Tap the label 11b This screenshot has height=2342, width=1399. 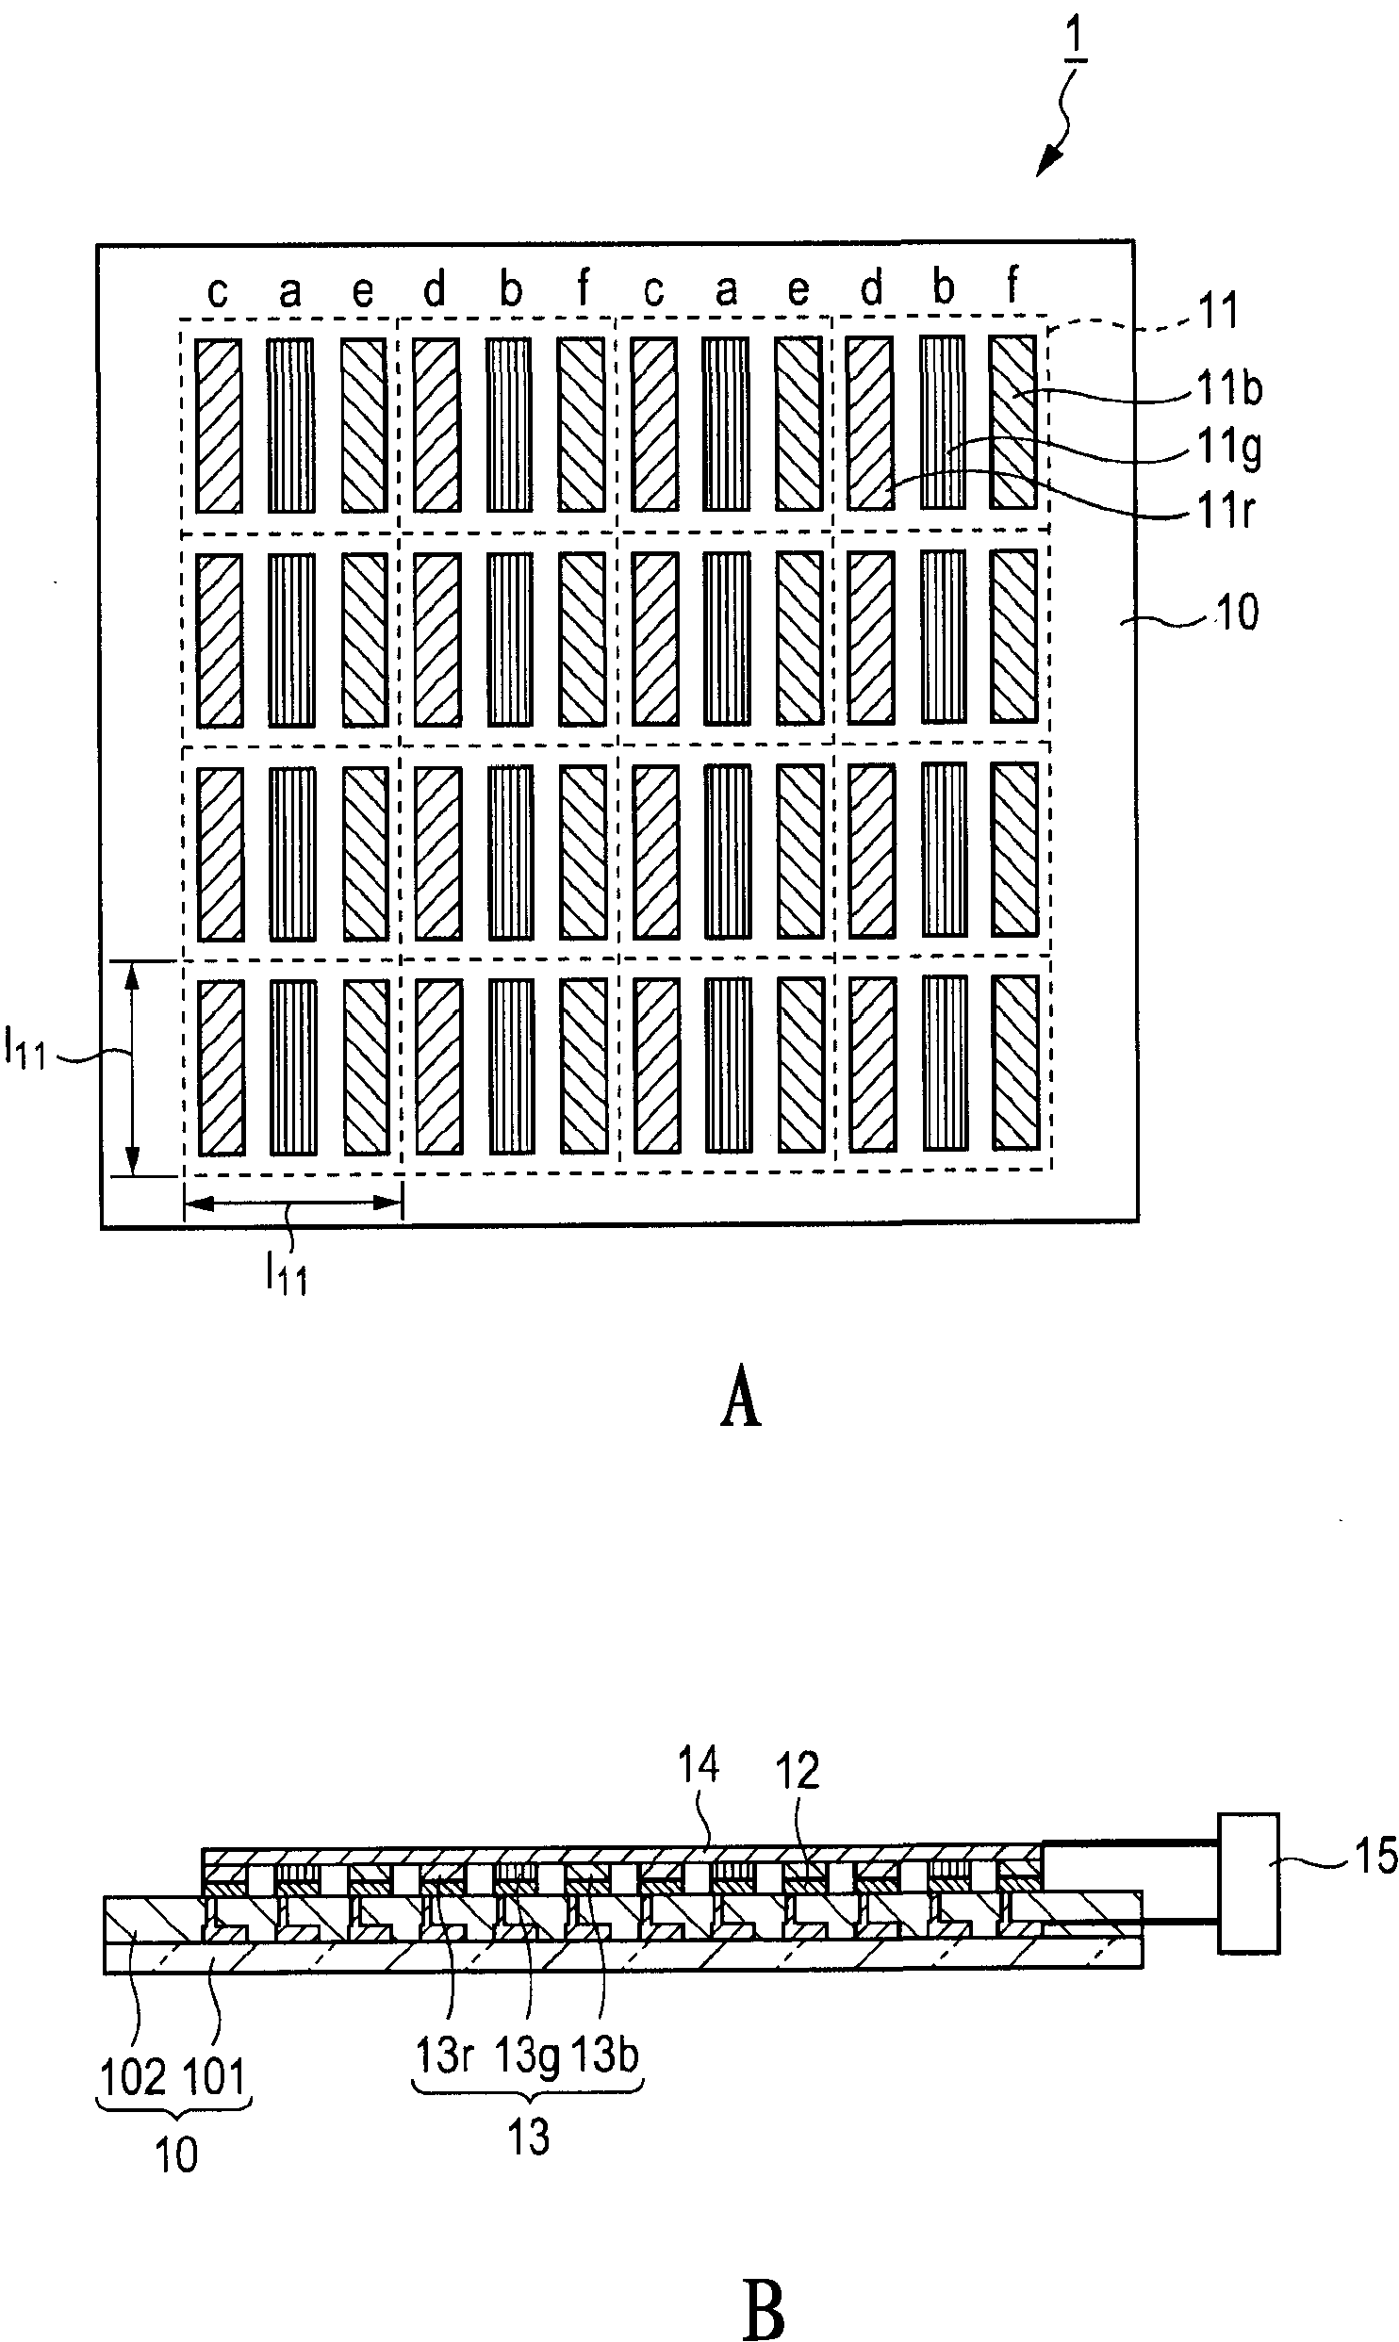coord(1229,388)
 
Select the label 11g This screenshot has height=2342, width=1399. coord(1229,451)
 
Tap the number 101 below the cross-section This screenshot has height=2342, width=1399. coord(213,2076)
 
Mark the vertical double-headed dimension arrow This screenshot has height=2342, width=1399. coord(133,1069)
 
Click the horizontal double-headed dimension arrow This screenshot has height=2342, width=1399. coord(293,1203)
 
